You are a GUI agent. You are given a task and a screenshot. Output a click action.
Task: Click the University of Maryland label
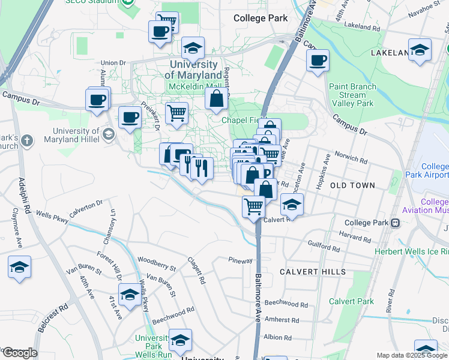pyautogui.click(x=193, y=70)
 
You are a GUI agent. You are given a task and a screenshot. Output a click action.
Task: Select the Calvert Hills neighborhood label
pyautogui.click(x=313, y=272)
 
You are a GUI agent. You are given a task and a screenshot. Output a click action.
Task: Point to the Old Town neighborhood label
pyautogui.click(x=352, y=186)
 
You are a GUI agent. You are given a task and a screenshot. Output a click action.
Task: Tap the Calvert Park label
pyautogui.click(x=351, y=302)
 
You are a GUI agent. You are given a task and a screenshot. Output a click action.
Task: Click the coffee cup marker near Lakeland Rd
pyautogui.click(x=318, y=61)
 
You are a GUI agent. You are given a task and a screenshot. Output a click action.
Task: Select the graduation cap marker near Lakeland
pyautogui.click(x=420, y=50)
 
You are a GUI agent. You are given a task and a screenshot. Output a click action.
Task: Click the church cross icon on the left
pyautogui.click(x=26, y=141)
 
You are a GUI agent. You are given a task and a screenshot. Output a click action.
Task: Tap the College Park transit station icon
pyautogui.click(x=395, y=223)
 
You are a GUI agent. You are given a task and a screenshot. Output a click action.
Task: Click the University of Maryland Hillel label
pyautogui.click(x=76, y=136)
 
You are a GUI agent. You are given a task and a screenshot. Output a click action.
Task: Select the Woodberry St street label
pyautogui.click(x=156, y=260)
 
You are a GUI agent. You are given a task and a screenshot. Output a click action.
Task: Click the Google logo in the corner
pyautogui.click(x=19, y=353)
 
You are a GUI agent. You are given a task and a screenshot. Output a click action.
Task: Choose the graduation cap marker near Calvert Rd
pyautogui.click(x=291, y=205)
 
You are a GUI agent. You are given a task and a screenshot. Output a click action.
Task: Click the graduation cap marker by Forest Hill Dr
pyautogui.click(x=128, y=295)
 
